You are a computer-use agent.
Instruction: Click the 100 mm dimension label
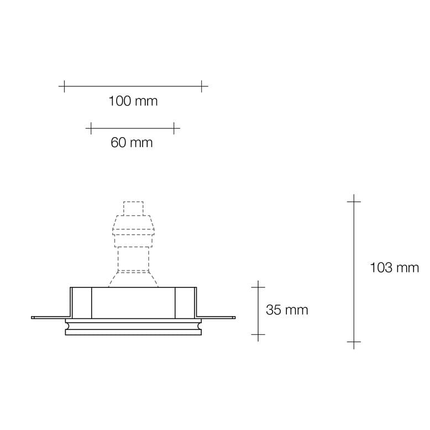[x=133, y=101]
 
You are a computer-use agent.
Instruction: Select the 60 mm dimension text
[x=132, y=143]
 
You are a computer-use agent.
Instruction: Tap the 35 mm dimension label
[x=287, y=310]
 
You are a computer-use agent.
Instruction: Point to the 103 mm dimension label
[x=394, y=268]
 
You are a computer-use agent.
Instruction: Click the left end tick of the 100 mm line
[x=64, y=86]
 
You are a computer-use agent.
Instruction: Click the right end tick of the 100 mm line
[x=202, y=86]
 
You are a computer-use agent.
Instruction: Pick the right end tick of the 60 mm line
[x=174, y=128]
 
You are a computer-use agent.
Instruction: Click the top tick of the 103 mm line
[x=354, y=202]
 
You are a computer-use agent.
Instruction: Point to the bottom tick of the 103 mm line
[x=354, y=342]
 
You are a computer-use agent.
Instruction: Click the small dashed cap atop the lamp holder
[x=133, y=208]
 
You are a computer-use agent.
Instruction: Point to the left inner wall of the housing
[x=81, y=302]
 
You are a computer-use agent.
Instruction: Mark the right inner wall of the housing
[x=186, y=302]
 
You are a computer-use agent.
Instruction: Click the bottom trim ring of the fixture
[x=133, y=331]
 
